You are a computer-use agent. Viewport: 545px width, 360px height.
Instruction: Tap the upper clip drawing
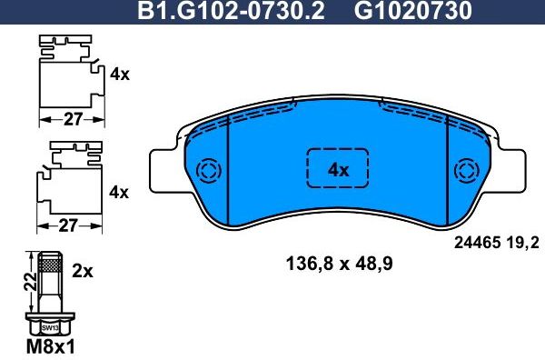[67, 73]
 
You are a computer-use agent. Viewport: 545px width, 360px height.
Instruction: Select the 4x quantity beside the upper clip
[120, 75]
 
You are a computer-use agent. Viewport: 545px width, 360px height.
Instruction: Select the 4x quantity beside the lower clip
[120, 192]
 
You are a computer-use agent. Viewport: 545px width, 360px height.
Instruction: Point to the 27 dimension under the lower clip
[68, 225]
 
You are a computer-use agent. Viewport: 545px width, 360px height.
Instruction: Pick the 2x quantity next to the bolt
[83, 270]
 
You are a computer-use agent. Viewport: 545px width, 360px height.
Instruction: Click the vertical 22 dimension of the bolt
[28, 284]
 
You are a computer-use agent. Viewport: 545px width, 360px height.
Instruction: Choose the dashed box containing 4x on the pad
[338, 169]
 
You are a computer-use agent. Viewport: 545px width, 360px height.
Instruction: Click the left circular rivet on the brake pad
[208, 171]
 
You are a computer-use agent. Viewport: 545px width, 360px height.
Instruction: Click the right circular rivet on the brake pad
[469, 171]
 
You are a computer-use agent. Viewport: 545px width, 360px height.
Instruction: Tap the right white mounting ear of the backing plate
[514, 169]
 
